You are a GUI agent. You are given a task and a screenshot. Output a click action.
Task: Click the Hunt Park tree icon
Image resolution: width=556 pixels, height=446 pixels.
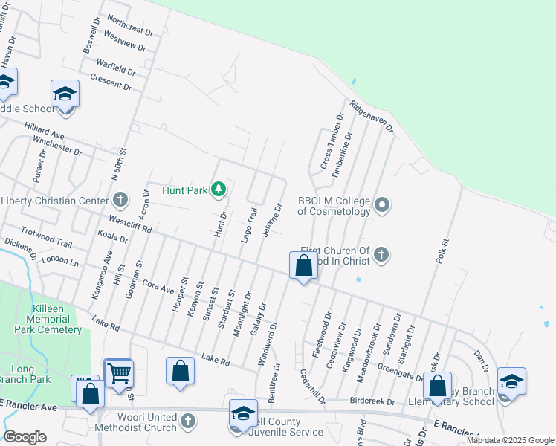pos(218,190)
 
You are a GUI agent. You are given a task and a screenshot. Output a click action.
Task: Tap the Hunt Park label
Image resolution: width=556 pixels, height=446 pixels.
pos(186,191)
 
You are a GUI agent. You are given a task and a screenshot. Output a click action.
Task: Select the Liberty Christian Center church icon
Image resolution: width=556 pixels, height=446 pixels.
pos(121,200)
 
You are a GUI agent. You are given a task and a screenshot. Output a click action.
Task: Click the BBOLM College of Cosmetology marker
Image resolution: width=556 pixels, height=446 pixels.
pos(382,204)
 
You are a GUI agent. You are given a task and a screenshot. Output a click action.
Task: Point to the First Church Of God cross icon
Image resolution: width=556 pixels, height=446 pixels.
pos(381,255)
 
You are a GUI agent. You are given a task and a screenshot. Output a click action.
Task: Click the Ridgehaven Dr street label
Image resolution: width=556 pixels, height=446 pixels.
pos(371,117)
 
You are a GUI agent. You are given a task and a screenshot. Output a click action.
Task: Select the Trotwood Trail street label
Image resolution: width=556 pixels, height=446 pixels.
pos(47,238)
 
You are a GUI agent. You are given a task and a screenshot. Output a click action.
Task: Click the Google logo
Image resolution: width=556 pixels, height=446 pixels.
pos(25,437)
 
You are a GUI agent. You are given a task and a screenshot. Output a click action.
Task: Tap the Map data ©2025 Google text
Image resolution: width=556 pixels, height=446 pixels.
pos(509,440)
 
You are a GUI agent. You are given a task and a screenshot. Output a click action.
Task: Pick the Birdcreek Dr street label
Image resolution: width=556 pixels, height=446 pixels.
pos(371,401)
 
